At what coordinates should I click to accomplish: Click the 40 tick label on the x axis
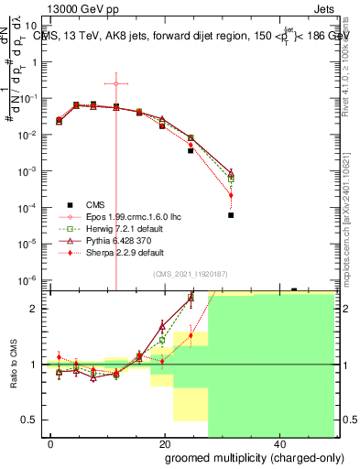[x=278, y=444]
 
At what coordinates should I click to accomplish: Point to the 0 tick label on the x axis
[x=51, y=444]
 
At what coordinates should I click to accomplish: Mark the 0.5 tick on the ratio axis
[x=33, y=420]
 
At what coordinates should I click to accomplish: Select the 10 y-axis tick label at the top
[x=34, y=27]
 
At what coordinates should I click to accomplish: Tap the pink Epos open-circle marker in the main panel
[x=116, y=83]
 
